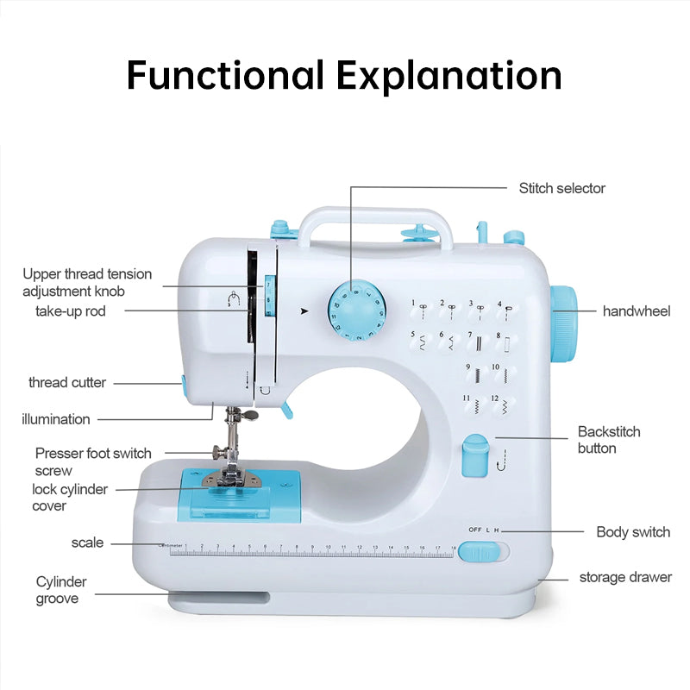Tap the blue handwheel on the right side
[565, 323]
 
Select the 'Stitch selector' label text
[561, 188]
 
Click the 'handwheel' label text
[636, 310]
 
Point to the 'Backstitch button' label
[608, 440]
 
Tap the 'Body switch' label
[632, 532]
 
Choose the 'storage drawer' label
[624, 577]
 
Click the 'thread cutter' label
[67, 382]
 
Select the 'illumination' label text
[56, 419]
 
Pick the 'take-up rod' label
[71, 310]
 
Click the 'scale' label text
[87, 543]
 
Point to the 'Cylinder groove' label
[60, 590]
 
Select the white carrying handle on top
[376, 216]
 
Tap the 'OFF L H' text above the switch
[483, 530]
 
